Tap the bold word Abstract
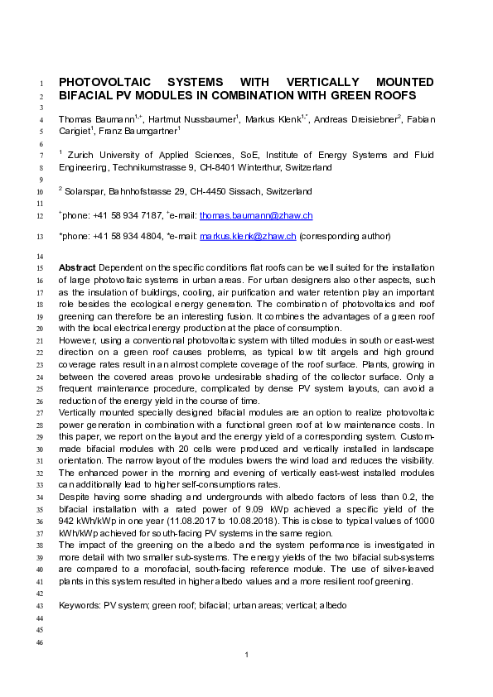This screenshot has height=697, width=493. pyautogui.click(x=76, y=269)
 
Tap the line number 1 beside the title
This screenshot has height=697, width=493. pyautogui.click(x=44, y=84)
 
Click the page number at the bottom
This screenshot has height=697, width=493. pyautogui.click(x=247, y=656)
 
